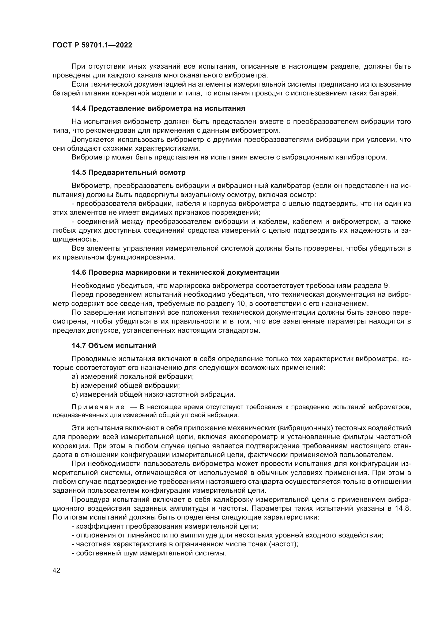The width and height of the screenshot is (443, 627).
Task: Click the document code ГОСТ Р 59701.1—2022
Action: [x=92, y=45]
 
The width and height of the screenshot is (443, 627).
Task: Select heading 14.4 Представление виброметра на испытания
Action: [x=158, y=108]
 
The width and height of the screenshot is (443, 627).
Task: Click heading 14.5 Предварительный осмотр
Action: [x=129, y=172]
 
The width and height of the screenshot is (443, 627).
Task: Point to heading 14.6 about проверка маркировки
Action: [x=175, y=272]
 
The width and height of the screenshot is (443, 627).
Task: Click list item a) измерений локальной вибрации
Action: [x=133, y=376]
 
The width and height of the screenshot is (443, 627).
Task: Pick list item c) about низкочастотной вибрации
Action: [x=153, y=394]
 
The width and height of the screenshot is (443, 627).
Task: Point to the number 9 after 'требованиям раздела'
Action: [x=386, y=286]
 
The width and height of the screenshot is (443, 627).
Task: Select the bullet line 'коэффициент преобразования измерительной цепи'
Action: [x=165, y=526]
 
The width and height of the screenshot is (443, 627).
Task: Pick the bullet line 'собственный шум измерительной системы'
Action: [x=149, y=553]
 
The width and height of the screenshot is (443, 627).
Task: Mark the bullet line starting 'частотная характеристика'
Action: [x=185, y=544]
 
